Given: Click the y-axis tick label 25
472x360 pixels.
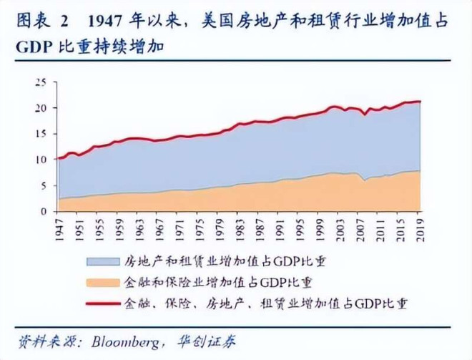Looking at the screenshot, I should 41,82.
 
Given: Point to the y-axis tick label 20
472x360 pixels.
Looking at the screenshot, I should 41,108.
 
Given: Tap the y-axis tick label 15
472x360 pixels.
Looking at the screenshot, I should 41,134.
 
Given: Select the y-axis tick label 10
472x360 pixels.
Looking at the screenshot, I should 41,160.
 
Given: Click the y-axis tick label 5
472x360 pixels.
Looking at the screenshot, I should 44,185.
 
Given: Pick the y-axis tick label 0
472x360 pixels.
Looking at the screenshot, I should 44,211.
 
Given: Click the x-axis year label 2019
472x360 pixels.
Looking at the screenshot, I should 420,227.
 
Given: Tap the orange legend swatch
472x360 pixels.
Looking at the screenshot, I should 103,281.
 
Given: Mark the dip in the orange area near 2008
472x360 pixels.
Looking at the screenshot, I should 365,180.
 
